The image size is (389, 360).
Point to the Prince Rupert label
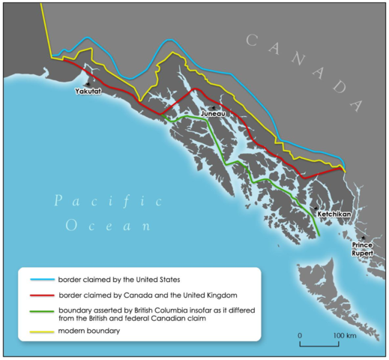[x=363, y=247]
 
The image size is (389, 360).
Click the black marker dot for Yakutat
[x=91, y=82]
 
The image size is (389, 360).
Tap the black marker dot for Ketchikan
[x=317, y=207]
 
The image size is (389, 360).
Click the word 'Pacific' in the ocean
[x=107, y=199]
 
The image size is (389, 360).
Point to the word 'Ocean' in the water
[x=109, y=225]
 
